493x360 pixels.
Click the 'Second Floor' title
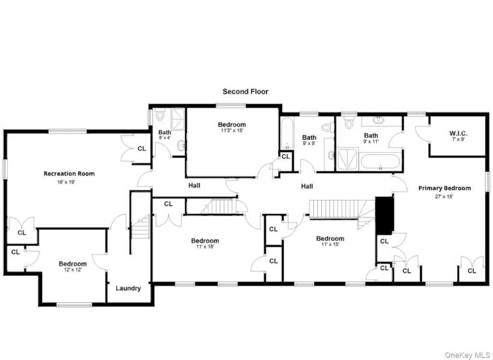pos(245,92)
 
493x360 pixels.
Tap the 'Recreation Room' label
pos(69,173)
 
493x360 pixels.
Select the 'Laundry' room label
pos(128,288)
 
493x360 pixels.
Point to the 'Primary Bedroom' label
pos(444,188)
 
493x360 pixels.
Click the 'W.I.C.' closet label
pos(458,133)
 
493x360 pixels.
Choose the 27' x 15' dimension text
pos(444,197)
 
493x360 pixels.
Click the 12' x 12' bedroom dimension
pos(73,270)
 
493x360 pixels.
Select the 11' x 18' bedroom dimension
pos(205,247)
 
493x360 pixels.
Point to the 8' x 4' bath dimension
pos(165,137)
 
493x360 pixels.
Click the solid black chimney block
pos(385,215)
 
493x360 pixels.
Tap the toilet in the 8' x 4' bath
pos(160,115)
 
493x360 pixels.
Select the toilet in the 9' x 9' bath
pos(327,127)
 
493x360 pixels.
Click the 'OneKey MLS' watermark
pos(467,355)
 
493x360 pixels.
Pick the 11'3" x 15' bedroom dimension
pos(232,130)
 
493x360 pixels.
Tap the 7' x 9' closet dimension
pos(458,139)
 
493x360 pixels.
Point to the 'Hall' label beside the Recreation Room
pos(195,186)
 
